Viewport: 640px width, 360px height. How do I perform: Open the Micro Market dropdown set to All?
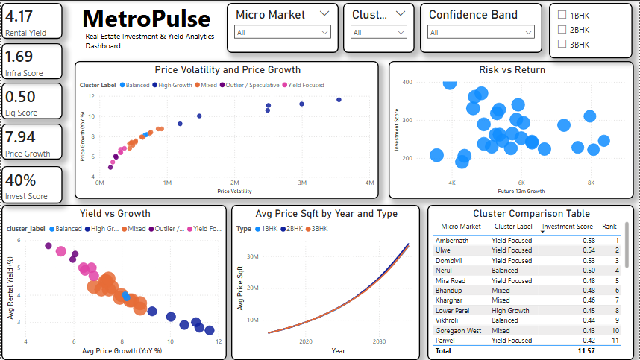[x=283, y=32]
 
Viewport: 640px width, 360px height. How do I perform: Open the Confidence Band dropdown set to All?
[x=481, y=32]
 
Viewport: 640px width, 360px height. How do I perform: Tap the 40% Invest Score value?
[x=21, y=180]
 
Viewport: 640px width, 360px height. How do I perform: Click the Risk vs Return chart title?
[x=512, y=69]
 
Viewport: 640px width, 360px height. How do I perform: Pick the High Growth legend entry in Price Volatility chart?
[x=173, y=85]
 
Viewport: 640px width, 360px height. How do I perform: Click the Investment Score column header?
[x=567, y=227]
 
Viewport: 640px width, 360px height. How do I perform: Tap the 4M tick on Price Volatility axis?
[x=369, y=183]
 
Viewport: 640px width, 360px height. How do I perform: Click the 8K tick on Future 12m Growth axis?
[x=591, y=183]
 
